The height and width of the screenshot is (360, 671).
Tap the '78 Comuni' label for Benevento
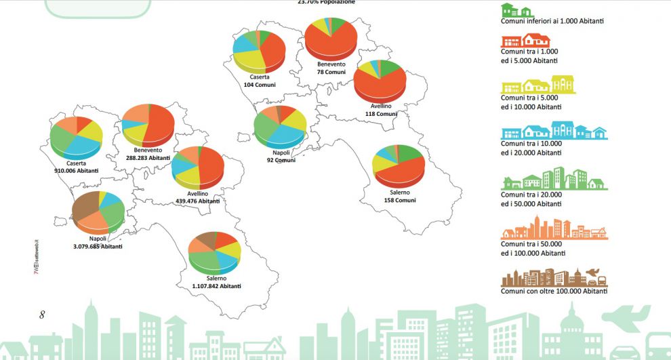click(x=331, y=72)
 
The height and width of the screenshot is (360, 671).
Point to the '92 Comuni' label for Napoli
click(x=279, y=161)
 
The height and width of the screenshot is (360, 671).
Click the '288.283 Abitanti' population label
click(x=147, y=157)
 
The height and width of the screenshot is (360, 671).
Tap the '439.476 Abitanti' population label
click(x=197, y=201)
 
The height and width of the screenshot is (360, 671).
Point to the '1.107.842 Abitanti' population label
click(x=216, y=286)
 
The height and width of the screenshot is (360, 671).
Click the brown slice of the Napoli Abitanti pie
click(x=85, y=207)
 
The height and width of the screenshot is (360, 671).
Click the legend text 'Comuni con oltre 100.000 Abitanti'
click(x=554, y=291)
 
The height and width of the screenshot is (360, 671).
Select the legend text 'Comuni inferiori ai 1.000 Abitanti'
click(x=552, y=21)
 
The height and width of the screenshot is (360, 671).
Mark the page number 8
click(x=42, y=315)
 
